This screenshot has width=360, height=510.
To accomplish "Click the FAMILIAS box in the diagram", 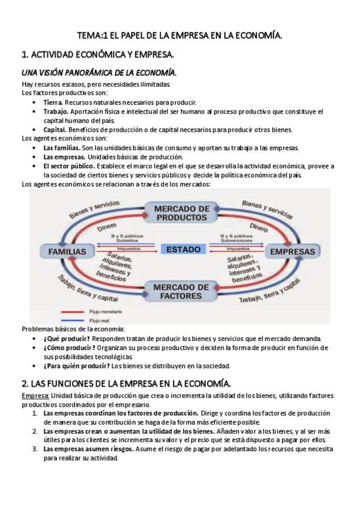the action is (63, 251).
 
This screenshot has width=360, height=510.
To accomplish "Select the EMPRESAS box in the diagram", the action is (293, 251).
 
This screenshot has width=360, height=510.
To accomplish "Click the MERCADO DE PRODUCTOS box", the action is (182, 212).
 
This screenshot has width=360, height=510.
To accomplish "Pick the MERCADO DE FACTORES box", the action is (182, 290).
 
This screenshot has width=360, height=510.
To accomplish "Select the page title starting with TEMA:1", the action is (180, 36).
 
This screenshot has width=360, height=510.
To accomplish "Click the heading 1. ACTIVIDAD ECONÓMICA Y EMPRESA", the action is (97, 55).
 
